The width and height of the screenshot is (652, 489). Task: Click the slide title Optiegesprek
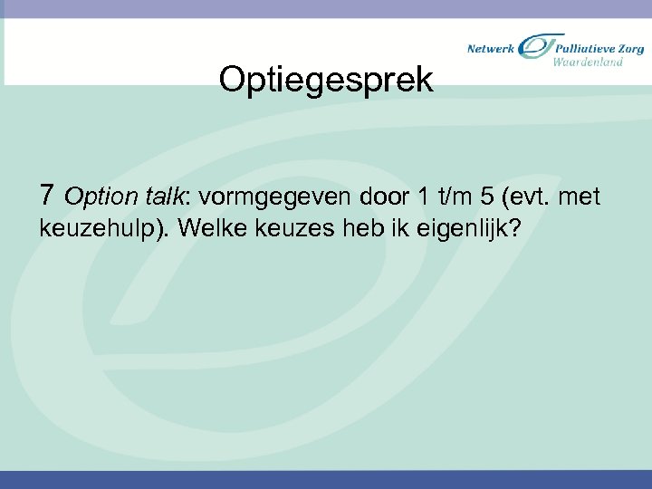click(x=326, y=81)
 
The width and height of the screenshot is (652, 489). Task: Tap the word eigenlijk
click(x=469, y=227)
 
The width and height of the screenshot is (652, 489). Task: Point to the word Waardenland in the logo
click(x=588, y=62)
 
